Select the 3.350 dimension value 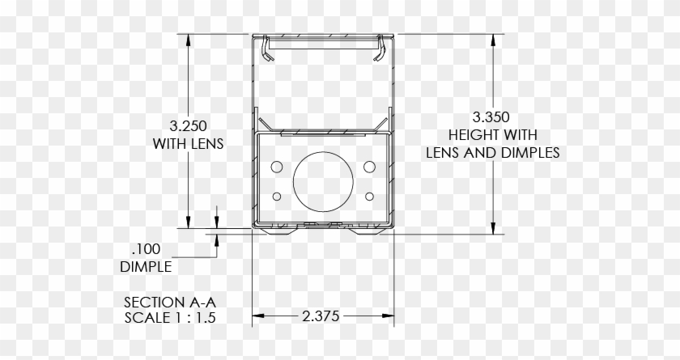[x=492, y=117]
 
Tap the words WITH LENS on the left [x=188, y=143]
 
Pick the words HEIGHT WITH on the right [x=492, y=134]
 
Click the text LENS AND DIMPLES [x=492, y=152]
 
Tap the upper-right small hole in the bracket [x=370, y=166]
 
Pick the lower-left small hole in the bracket [x=278, y=196]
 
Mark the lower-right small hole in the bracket [x=370, y=196]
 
